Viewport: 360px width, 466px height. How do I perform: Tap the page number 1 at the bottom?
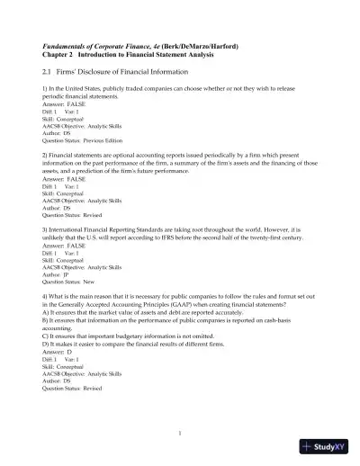click(180, 433)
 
